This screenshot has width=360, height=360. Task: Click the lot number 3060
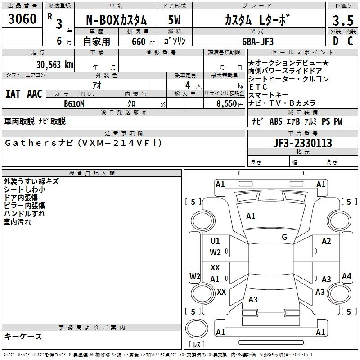click(x=22, y=19)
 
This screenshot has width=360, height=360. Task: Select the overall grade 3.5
click(x=343, y=20)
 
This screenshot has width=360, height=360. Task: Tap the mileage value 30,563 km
click(x=54, y=65)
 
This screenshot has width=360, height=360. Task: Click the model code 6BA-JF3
click(x=258, y=41)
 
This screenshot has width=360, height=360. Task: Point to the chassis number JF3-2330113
click(x=302, y=143)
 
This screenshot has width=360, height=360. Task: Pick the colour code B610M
click(x=74, y=104)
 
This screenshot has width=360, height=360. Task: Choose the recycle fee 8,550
click(x=226, y=104)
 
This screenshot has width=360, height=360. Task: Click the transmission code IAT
click(x=13, y=94)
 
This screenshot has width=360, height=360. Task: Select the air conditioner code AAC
click(x=35, y=94)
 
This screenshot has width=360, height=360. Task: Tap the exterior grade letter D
click(x=335, y=41)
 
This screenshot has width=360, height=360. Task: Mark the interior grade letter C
click(x=350, y=41)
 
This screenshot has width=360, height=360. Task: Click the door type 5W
click(x=174, y=20)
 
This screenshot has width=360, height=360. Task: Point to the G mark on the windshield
click(x=284, y=237)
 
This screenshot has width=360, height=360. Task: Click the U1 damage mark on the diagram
click(x=215, y=241)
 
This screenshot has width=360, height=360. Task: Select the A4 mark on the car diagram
click(x=346, y=276)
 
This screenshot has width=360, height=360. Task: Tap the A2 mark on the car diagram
click(x=326, y=241)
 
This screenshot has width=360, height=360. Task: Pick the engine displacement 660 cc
click(x=143, y=41)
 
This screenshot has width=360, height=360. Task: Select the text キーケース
click(x=23, y=336)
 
